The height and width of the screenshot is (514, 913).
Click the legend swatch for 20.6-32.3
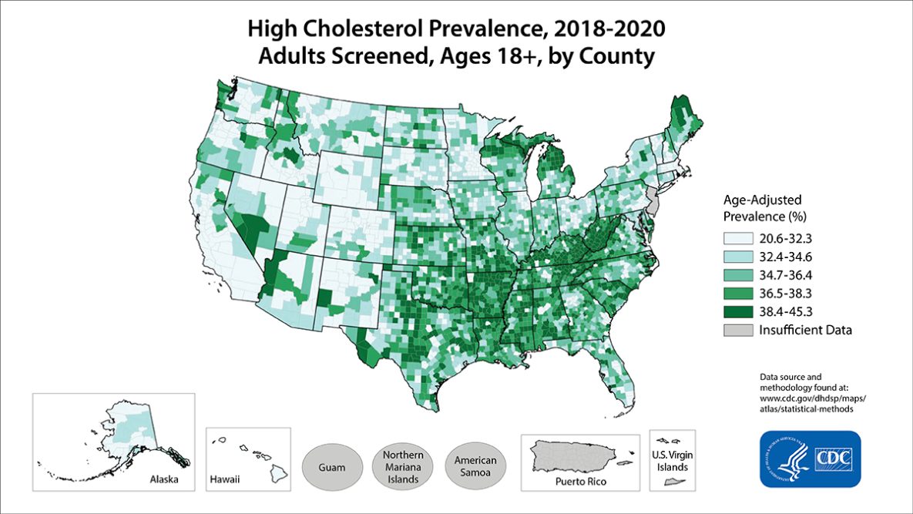point(738,239)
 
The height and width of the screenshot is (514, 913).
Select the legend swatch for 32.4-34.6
point(738,257)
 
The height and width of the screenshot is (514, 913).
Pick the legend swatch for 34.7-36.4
point(738,275)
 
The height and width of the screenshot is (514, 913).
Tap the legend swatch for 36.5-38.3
point(738,294)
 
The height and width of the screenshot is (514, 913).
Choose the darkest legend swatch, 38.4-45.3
point(738,312)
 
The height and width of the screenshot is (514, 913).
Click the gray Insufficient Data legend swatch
point(738,331)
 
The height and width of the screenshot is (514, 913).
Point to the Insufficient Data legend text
point(805,331)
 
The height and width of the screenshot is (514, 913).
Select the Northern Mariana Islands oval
point(401,466)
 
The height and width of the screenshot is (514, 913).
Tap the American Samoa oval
point(474,466)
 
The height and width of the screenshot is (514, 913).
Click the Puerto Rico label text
point(581,482)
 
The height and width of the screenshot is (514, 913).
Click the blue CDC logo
point(809,459)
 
